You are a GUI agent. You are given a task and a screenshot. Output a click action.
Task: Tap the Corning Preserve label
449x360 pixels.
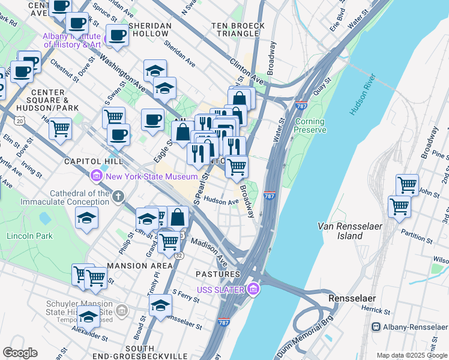tap(310, 125)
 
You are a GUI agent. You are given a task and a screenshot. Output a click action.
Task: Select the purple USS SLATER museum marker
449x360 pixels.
tap(253, 290)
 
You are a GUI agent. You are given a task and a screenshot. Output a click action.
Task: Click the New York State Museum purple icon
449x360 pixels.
tap(96, 176)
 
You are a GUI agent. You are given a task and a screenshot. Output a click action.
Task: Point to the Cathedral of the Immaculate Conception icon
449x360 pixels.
tap(119, 196)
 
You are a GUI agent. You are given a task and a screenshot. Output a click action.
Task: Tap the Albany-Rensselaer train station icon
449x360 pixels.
tap(376, 327)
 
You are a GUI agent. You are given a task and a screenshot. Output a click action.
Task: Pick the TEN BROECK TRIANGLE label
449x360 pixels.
tap(232, 31)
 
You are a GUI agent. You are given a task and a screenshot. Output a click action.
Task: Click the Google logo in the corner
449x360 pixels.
tap(19, 353)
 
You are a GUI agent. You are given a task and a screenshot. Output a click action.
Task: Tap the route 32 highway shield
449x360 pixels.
tap(179, 255)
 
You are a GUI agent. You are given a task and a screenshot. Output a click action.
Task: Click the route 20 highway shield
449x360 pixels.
tap(20, 121)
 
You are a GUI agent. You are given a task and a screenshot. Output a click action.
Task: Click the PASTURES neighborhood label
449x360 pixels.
tap(217, 274)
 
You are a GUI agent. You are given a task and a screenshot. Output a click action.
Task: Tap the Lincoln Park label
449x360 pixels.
tap(25, 235)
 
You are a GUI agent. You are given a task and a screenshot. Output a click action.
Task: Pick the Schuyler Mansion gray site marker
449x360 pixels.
tap(122, 310)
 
